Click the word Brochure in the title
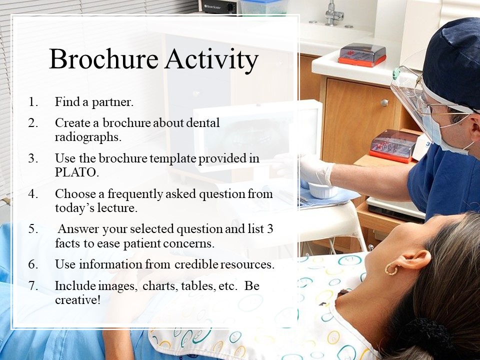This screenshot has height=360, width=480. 103,59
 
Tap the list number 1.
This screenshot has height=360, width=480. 33,102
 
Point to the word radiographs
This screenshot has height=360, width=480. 88,137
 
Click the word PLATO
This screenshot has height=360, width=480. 77,172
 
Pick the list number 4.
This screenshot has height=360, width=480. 33,194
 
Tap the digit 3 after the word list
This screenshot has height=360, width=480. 269,229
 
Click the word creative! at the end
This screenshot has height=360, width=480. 78,299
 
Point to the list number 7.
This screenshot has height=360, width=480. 33,285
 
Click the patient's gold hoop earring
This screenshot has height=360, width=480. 391,269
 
